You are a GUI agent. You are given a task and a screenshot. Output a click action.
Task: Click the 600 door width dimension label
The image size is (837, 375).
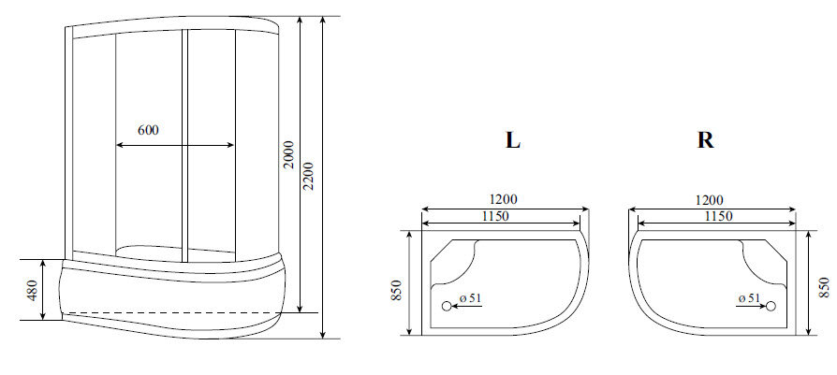tap(147, 131)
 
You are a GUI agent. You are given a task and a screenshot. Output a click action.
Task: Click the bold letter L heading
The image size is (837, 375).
tap(512, 141)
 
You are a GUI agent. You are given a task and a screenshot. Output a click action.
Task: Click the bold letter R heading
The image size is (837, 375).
tap(706, 141)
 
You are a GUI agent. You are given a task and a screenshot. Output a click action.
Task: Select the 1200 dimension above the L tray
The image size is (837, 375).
tap(504, 200)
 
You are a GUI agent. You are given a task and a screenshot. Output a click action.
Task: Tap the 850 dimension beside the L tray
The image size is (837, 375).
tap(397, 290)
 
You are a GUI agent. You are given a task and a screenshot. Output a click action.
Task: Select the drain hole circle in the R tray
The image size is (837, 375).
tap(772, 306)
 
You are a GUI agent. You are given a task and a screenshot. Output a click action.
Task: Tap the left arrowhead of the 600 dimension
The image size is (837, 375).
tap(119, 145)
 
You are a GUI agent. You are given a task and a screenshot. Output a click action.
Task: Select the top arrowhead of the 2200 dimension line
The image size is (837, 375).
tap(322, 20)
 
